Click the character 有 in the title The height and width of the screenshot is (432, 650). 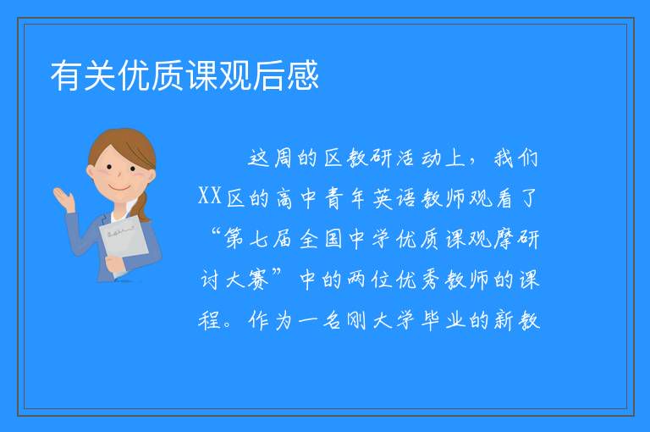point(66,75)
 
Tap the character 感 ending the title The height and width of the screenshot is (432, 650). point(303,75)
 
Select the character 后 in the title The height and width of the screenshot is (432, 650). point(269,75)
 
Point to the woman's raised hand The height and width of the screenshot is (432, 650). point(63,199)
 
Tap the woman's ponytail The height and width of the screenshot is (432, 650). point(143,206)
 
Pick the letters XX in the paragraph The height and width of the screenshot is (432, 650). point(210,197)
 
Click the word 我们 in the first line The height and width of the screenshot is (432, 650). point(516,158)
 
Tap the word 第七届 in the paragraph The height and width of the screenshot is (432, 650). point(259,239)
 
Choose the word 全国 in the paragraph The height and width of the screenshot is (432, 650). point(322,239)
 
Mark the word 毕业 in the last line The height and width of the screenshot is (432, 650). point(443,320)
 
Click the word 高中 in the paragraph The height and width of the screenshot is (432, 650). point(295,198)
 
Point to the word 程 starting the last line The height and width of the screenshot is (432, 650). point(210,320)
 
